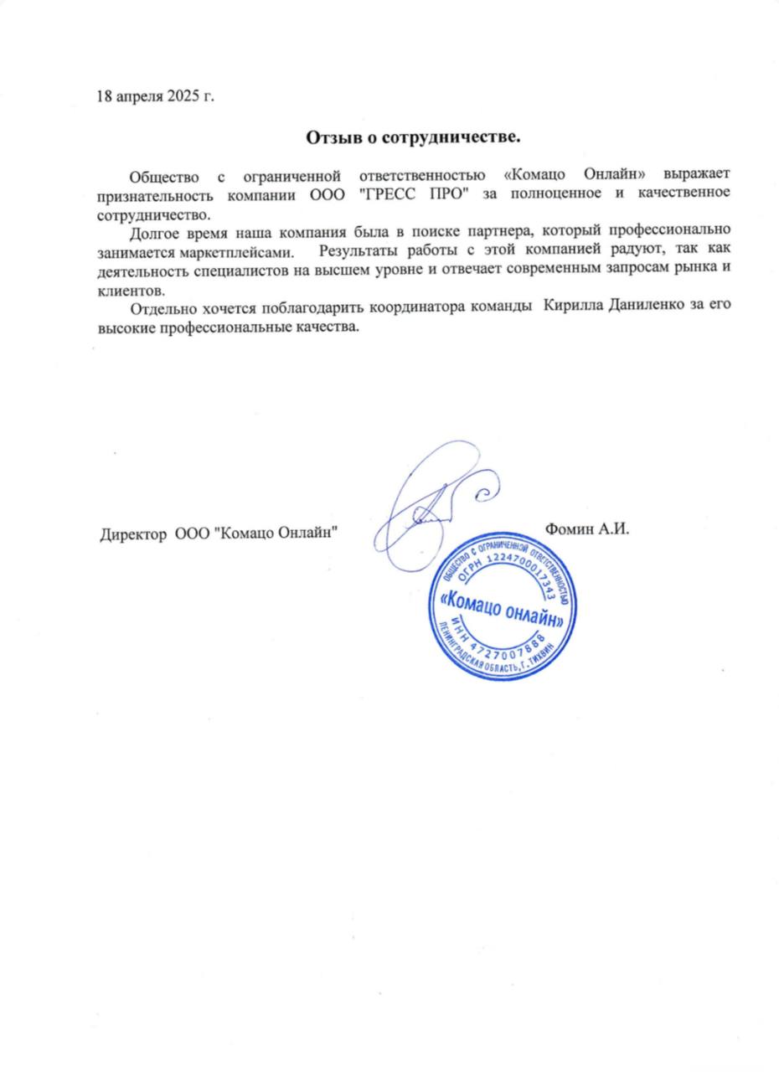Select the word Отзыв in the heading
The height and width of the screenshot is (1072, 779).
click(328, 136)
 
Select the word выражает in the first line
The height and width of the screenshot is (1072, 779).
click(696, 175)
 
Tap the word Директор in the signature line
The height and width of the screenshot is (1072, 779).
click(132, 533)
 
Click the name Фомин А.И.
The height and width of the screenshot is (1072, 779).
click(586, 529)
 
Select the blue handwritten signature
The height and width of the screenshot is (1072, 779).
click(431, 502)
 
